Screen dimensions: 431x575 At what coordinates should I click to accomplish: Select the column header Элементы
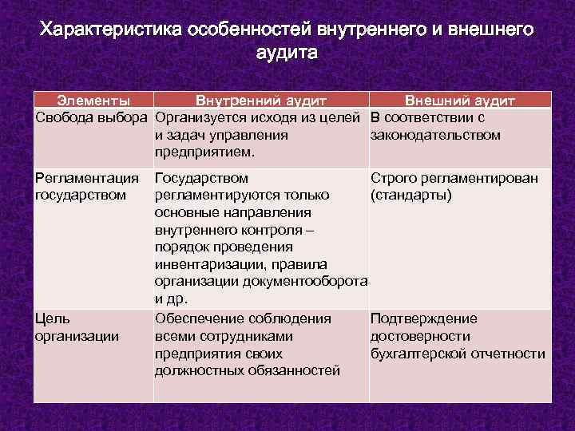pos(94,101)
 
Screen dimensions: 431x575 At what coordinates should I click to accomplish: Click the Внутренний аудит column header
pos(261,101)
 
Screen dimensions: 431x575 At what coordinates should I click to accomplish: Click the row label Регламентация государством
pos(86,186)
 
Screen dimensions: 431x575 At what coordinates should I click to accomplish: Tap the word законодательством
pos(436,135)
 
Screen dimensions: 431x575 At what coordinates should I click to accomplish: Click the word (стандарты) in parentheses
pos(411,195)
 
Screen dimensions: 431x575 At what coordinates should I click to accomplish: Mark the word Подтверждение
pos(424,318)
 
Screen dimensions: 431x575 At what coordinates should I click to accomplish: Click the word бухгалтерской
pos(418,354)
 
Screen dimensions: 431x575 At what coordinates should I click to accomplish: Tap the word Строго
pos(393,177)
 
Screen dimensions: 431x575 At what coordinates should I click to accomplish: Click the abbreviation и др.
pos(171,299)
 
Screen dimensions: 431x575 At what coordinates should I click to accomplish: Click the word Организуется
pos(201,118)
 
